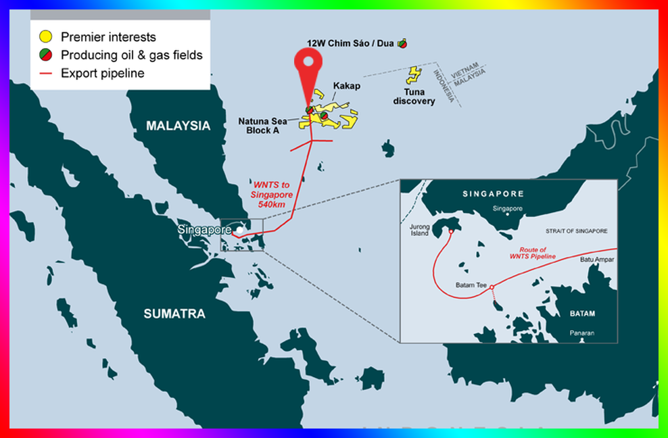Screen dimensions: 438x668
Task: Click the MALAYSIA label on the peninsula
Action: tap(178, 126)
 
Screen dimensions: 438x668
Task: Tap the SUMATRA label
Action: tap(174, 314)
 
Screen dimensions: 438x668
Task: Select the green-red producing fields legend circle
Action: tap(46, 55)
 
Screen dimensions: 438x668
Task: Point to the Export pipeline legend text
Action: tap(102, 73)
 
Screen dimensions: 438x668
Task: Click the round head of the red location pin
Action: tap(308, 62)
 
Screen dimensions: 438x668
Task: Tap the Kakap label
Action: tap(347, 87)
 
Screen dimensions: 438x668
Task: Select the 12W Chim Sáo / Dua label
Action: tap(351, 43)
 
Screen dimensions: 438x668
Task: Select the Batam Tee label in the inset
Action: tap(472, 285)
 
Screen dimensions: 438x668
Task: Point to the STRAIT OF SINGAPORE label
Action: tap(577, 231)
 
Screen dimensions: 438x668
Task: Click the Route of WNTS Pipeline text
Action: tap(533, 253)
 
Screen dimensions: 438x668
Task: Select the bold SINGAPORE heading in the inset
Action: tap(493, 194)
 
